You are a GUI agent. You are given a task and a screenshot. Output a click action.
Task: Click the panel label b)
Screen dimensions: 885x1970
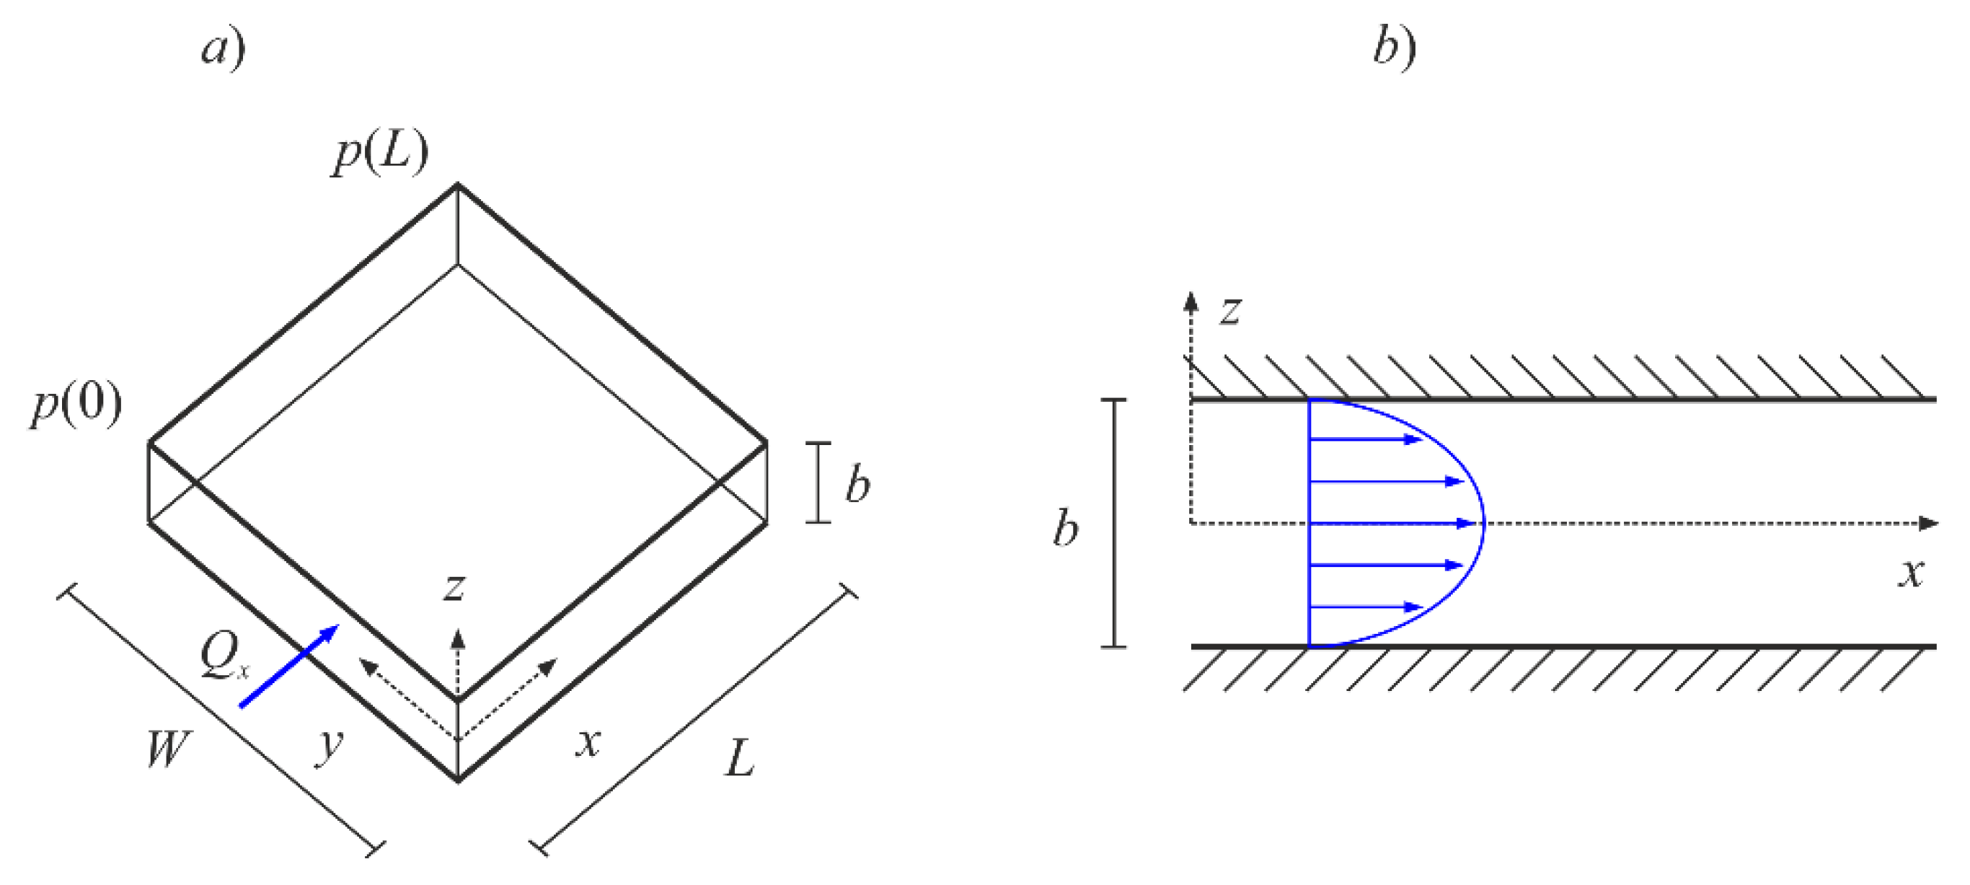click(x=1394, y=48)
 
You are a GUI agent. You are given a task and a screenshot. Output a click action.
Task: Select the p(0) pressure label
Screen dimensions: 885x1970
click(x=76, y=405)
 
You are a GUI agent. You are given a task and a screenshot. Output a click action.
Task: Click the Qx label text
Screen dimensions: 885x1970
click(x=224, y=656)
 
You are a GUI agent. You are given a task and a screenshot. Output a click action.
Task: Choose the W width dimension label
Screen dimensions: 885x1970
click(x=167, y=748)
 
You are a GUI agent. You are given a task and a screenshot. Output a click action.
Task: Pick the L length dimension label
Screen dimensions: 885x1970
click(x=740, y=759)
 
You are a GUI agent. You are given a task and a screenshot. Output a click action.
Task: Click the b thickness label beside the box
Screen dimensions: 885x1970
click(x=857, y=483)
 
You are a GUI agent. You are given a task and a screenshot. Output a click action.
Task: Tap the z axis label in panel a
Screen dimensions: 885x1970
click(x=454, y=587)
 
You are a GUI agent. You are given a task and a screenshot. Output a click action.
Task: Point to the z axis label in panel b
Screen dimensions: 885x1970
click(x=1230, y=311)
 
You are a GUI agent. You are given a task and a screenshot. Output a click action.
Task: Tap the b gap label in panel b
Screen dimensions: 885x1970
click(x=1065, y=528)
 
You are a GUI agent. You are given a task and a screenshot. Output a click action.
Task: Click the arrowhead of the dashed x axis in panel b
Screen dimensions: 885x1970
click(x=1929, y=523)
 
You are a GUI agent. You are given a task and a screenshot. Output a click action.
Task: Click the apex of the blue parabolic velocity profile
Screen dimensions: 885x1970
click(x=1483, y=523)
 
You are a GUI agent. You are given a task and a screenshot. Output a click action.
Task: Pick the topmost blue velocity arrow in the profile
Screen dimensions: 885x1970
click(x=1365, y=439)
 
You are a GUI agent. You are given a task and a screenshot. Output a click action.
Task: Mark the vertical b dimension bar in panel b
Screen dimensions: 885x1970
click(x=1113, y=523)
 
